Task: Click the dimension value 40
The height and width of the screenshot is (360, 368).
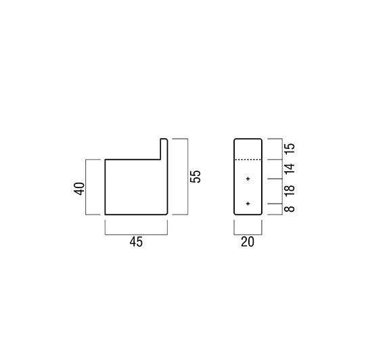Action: click(x=79, y=189)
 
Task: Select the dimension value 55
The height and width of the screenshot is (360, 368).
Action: click(x=195, y=177)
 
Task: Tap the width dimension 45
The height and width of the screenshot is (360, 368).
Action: click(x=136, y=242)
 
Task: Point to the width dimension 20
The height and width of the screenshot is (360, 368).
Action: click(x=248, y=242)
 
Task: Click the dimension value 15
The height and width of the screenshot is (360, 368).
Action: click(x=290, y=149)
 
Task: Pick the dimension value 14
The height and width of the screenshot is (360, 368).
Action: click(x=290, y=169)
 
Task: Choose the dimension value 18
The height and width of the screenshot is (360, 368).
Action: click(x=290, y=191)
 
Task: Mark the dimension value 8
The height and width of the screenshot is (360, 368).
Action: click(x=290, y=209)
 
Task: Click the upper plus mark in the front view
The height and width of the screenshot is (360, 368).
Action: click(x=248, y=179)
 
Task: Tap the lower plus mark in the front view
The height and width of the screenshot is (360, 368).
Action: click(x=248, y=204)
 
